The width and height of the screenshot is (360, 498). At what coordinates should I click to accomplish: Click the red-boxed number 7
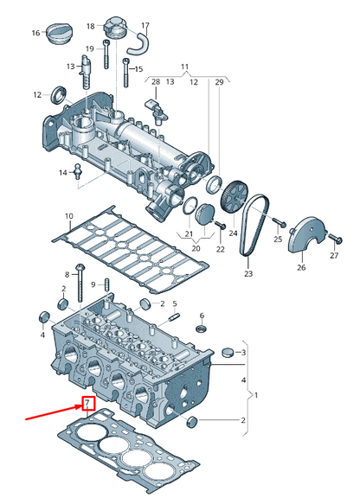[87, 403]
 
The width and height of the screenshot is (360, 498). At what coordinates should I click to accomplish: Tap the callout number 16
[36, 33]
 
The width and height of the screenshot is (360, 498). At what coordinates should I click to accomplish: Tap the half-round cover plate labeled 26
[305, 240]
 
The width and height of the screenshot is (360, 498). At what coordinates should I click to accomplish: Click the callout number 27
[334, 257]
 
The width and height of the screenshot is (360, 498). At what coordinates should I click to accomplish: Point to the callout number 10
[68, 215]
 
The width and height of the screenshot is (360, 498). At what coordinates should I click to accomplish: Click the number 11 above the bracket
[183, 67]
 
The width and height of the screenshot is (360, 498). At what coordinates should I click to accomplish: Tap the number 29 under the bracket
[219, 81]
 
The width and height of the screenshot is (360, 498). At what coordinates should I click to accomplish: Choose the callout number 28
[155, 81]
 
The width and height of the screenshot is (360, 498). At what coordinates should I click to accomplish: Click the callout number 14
[63, 173]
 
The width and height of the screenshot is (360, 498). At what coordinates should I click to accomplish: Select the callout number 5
[174, 303]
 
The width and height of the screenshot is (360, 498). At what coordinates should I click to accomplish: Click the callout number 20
[196, 249]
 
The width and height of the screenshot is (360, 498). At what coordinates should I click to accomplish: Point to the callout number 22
[220, 249]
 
